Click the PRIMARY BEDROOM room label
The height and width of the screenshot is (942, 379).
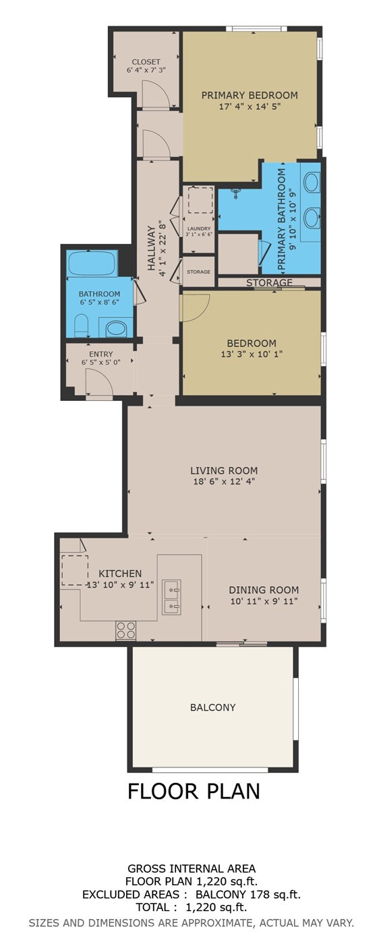250,95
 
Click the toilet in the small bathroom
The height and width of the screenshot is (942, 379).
81,327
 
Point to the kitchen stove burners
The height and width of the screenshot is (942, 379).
125,629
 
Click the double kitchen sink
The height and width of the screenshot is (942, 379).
171,597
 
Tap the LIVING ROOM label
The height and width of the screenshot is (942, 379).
224,471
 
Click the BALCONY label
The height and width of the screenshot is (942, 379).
213,708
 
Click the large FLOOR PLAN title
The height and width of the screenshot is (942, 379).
194,790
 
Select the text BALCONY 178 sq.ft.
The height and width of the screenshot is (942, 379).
247,895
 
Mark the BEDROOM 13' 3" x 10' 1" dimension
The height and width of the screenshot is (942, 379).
252,354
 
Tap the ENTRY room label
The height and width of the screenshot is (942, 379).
101,354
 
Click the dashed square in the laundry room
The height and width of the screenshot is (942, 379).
200,200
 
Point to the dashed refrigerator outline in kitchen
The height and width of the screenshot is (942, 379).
74,570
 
